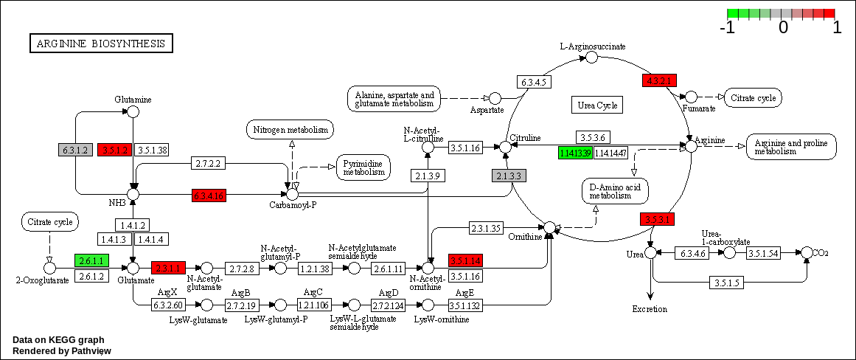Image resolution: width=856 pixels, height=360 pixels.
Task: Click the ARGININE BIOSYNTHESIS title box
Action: tap(101, 44)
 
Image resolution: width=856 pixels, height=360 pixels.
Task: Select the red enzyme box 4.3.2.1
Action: tap(659, 81)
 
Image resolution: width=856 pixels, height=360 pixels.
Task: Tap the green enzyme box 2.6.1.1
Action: tap(92, 260)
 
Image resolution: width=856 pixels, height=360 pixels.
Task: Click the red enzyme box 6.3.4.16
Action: tap(209, 195)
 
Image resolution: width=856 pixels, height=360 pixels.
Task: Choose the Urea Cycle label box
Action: tap(597, 105)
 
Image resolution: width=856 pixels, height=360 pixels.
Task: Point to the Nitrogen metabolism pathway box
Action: tap(290, 131)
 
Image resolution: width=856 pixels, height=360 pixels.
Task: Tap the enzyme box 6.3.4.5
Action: tap(532, 83)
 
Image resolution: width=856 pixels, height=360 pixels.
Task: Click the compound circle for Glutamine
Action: tap(133, 111)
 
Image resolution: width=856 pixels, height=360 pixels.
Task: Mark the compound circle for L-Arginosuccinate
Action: tap(591, 58)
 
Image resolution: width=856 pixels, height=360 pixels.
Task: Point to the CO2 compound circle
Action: tap(807, 253)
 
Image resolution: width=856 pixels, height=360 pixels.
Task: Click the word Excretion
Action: tap(650, 309)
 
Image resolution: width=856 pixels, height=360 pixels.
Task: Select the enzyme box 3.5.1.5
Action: tap(726, 283)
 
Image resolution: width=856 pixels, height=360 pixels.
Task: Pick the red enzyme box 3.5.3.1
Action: tap(657, 219)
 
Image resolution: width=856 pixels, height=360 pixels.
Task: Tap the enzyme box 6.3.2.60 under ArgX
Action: tap(168, 305)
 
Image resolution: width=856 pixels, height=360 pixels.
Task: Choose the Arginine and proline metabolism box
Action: tap(791, 147)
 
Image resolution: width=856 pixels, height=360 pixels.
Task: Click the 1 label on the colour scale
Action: tap(837, 28)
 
